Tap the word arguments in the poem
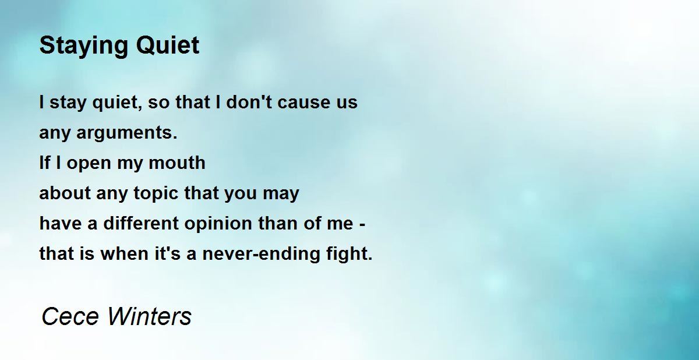click(x=127, y=133)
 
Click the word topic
click(x=156, y=193)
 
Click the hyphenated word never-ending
click(x=258, y=254)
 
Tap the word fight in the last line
click(x=348, y=254)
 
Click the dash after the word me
click(x=362, y=224)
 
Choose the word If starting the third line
click(x=45, y=163)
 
